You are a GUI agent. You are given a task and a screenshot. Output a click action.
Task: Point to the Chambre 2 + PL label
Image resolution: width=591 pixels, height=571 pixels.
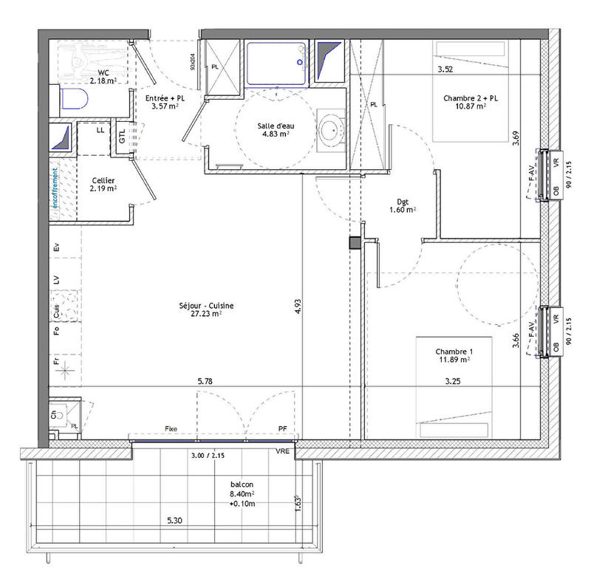coord(470,98)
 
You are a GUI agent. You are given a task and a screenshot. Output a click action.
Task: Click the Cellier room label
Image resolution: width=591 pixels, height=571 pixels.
coord(103,180)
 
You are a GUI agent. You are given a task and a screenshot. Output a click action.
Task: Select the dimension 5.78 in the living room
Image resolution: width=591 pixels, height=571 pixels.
coord(206,381)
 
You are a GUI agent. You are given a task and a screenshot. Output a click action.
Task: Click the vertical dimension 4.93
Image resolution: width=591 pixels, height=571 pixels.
coord(298,307)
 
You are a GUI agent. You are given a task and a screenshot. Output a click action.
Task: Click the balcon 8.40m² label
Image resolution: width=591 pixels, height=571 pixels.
coord(242,493)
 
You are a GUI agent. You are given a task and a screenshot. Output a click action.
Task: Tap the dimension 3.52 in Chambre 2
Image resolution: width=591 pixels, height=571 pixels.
coord(445,70)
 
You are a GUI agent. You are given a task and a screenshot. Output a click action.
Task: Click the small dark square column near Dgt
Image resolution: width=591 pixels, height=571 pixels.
coord(355,242)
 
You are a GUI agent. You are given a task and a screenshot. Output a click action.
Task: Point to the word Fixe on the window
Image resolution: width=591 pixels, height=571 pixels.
coord(171,429)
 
